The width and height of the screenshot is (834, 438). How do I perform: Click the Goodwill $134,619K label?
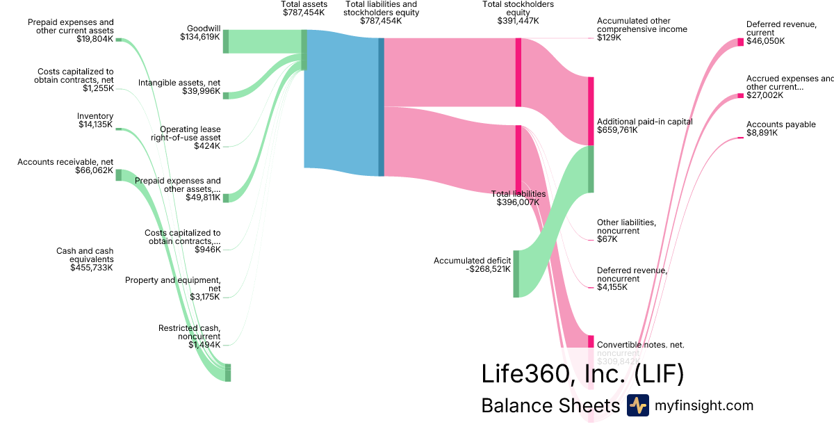(x=199, y=33)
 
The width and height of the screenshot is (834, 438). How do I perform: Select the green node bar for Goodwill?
(x=225, y=42)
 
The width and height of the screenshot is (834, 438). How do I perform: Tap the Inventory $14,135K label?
(x=95, y=120)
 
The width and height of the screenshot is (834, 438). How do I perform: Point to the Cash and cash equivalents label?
(x=85, y=259)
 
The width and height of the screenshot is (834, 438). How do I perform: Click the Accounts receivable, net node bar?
(x=118, y=175)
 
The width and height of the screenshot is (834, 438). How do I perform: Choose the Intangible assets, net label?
(x=179, y=87)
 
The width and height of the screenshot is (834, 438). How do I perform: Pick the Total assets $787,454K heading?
(x=303, y=8)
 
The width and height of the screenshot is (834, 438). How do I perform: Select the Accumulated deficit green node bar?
(x=516, y=273)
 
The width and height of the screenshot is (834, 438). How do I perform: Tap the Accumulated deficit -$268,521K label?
(x=472, y=265)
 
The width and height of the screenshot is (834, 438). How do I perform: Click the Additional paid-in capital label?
(x=644, y=125)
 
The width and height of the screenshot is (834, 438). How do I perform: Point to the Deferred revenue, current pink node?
(x=740, y=42)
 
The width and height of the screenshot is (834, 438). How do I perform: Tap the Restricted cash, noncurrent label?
(x=189, y=336)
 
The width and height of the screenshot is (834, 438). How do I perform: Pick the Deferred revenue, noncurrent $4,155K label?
(x=632, y=278)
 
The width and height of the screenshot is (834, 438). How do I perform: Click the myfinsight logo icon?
(x=637, y=405)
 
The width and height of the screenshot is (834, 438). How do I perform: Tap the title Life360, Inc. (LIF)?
(x=582, y=373)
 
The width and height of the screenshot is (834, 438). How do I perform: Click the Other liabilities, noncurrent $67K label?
(x=626, y=230)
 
